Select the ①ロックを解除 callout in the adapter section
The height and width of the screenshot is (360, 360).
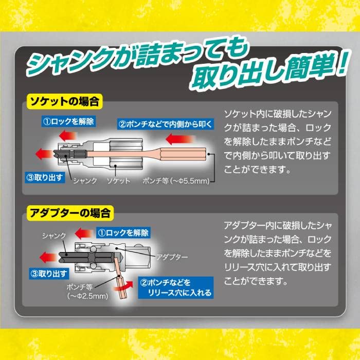click(x=121, y=233)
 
